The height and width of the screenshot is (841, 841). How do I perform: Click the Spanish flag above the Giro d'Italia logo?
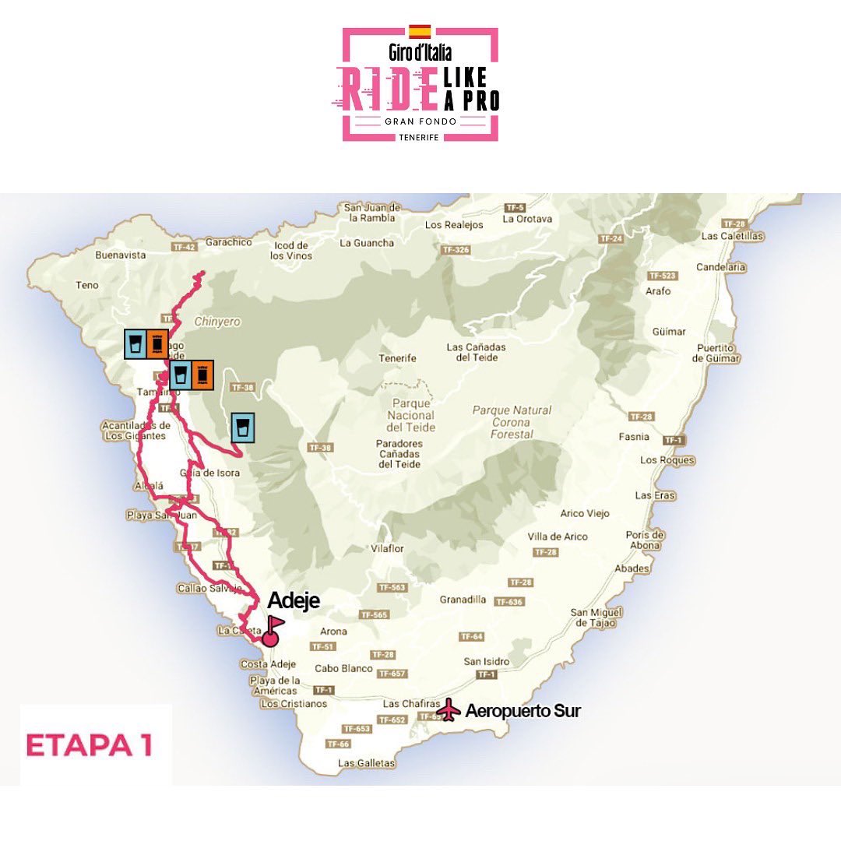coord(420,31)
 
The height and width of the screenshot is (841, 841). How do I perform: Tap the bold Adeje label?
coord(294,601)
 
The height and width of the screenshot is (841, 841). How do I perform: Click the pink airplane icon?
coord(448,710)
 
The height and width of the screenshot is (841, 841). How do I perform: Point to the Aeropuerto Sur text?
coord(523,711)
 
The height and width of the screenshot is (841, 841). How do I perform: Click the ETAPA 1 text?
coord(89,744)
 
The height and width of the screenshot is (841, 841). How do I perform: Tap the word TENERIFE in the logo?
coord(420,136)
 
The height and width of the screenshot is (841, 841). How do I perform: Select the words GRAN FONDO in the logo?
coord(420,122)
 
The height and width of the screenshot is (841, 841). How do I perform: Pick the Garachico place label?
coord(230,242)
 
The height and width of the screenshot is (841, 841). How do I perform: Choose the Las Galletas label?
coord(367,763)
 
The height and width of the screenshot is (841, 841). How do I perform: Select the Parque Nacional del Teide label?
coord(413,416)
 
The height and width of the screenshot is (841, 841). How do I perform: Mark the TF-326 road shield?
coord(456,250)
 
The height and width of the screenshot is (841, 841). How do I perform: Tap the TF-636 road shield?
coord(509,602)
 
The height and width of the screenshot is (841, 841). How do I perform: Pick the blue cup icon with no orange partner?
coord(243,428)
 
